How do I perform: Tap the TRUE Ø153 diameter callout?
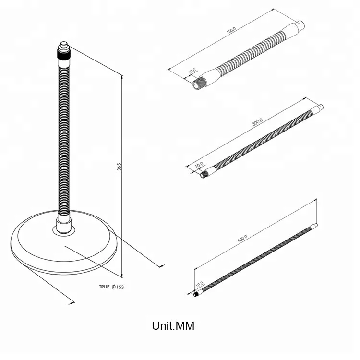pos(111,287)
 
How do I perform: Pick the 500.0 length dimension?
pos(242,239)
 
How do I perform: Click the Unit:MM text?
pos(173,326)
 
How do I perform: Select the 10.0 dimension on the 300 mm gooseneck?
pos(199,164)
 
